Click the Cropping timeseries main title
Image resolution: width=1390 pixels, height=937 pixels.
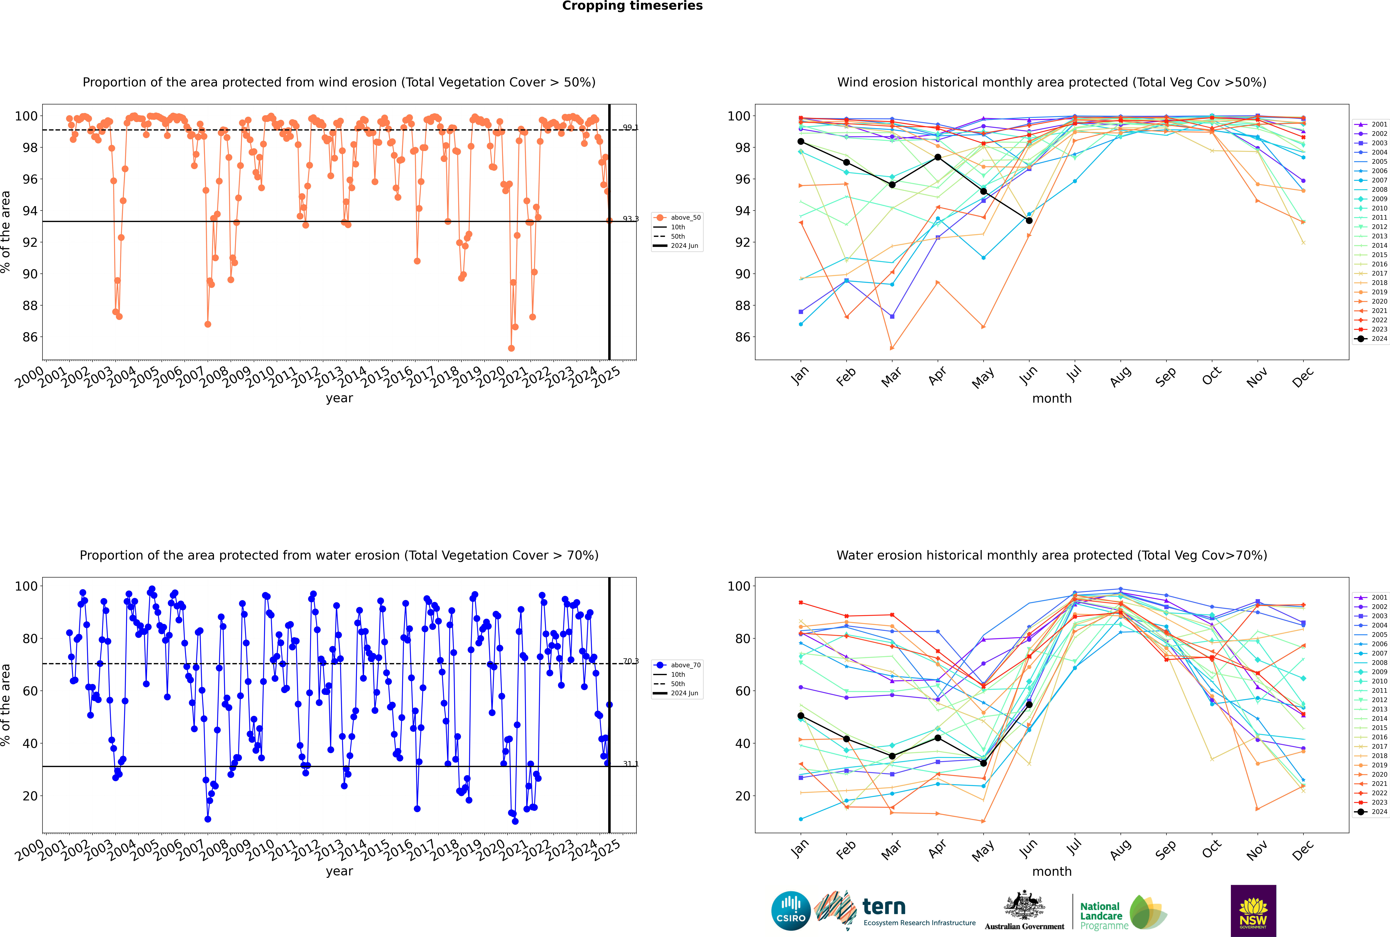click(632, 6)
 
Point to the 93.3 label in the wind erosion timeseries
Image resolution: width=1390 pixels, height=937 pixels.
click(630, 219)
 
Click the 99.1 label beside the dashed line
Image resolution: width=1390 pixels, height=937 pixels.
click(630, 127)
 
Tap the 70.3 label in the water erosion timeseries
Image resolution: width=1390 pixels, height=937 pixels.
click(630, 661)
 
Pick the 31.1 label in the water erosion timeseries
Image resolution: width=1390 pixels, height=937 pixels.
click(630, 764)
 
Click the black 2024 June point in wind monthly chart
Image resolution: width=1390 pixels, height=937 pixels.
click(1029, 221)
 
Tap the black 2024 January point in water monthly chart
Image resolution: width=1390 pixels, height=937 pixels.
click(801, 716)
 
